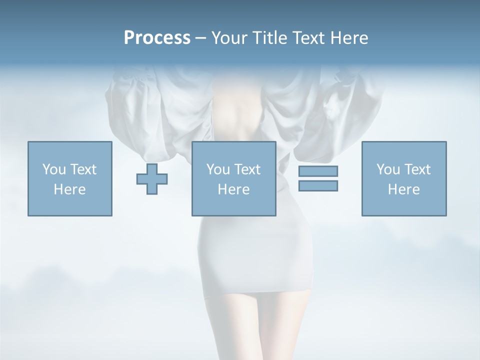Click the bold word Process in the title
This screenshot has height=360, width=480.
click(x=157, y=38)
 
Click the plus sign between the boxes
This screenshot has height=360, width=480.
click(x=152, y=178)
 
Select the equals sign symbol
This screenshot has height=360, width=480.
click(x=318, y=178)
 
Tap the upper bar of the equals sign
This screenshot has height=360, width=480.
click(x=318, y=171)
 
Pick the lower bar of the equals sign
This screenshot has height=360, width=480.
click(x=318, y=185)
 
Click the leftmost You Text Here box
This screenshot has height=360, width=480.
click(x=69, y=178)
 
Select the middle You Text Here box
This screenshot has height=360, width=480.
click(x=233, y=178)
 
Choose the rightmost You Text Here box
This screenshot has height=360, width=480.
click(x=404, y=178)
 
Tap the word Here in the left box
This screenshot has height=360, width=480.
click(x=69, y=189)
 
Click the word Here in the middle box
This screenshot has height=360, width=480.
click(x=233, y=189)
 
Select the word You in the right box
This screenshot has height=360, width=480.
click(x=388, y=169)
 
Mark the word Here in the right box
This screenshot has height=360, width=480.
click(x=404, y=189)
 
